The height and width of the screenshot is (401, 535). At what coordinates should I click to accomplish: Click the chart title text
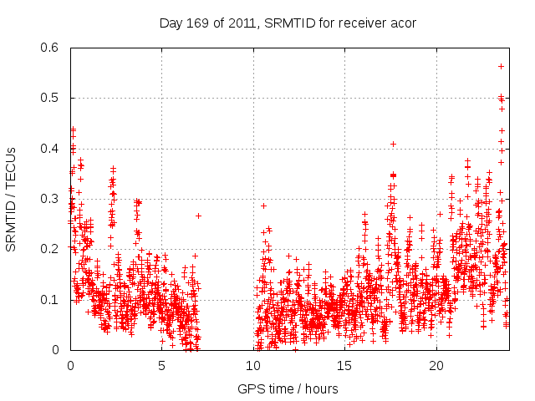point(288,23)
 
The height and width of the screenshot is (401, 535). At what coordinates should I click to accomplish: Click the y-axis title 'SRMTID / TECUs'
point(11,199)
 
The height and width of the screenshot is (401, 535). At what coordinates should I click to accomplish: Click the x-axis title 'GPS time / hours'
point(288,388)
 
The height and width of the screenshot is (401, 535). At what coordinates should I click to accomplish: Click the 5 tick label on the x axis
point(162,365)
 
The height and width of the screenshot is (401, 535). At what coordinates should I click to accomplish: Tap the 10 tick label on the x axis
point(253,365)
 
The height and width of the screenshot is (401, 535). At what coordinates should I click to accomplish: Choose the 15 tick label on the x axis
point(345,365)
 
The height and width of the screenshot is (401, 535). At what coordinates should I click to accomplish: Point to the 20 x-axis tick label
point(436,365)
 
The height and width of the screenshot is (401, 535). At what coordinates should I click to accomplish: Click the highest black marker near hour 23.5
point(501,66)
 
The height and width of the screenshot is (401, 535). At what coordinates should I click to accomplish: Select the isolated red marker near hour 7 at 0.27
point(198,216)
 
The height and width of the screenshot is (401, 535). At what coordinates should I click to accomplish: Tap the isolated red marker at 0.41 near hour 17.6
point(393,144)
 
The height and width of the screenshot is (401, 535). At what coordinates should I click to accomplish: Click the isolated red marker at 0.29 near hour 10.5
point(263,206)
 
